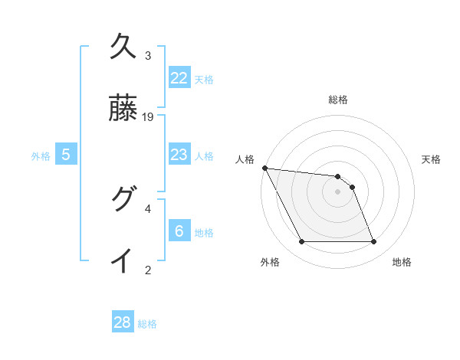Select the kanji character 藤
(x=123, y=112)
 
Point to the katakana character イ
(x=123, y=260)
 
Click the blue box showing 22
(x=179, y=77)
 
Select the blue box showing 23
(x=179, y=155)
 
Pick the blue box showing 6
(x=179, y=231)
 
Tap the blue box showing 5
(x=66, y=155)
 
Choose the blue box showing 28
(x=123, y=322)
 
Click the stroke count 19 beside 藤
(x=149, y=117)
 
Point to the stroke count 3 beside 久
(x=148, y=56)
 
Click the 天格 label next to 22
(x=204, y=79)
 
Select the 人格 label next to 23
(x=204, y=156)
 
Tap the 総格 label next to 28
(x=147, y=324)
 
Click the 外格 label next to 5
(x=41, y=156)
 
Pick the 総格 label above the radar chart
(x=338, y=100)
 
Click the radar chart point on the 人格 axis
(x=264, y=168)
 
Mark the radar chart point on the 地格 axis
(x=373, y=242)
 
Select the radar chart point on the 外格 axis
(x=301, y=242)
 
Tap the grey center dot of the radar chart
(x=338, y=191)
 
